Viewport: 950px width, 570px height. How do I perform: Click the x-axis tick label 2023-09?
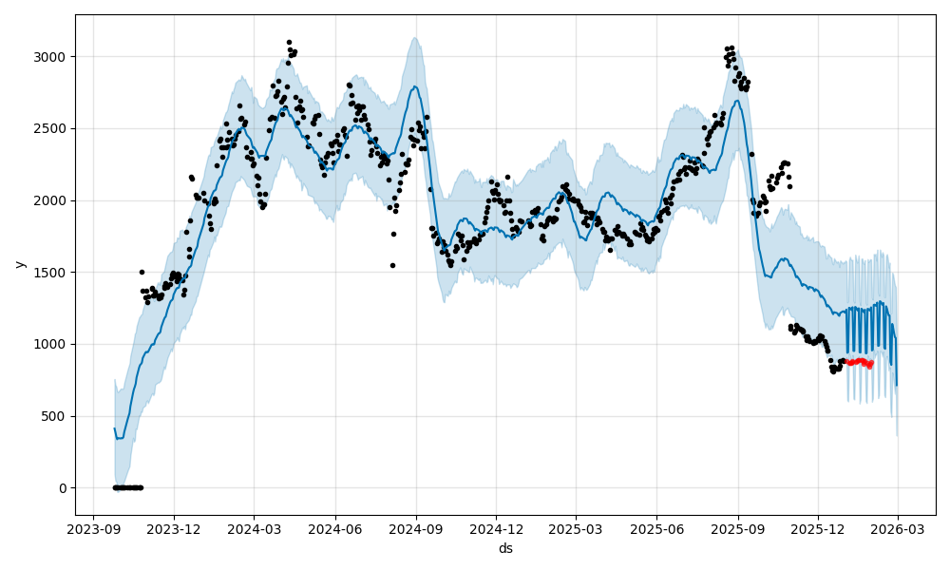tap(93, 529)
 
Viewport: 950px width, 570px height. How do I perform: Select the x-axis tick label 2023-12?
tap(174, 529)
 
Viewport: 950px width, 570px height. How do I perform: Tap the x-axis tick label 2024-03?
tap(254, 529)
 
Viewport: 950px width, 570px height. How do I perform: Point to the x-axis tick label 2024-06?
tap(335, 529)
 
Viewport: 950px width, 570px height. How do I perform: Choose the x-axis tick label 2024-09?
tap(416, 529)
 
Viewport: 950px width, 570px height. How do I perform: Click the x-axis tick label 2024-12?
tap(496, 529)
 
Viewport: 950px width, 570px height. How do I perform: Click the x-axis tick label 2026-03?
tap(898, 529)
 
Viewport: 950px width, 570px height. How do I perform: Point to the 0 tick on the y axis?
tap(63, 488)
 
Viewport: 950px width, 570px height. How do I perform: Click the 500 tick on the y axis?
tap(56, 416)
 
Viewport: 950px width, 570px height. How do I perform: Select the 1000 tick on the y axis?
tap(53, 344)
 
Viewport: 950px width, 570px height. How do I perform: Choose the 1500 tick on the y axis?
tap(53, 273)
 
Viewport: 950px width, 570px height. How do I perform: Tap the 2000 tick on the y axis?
tap(53, 200)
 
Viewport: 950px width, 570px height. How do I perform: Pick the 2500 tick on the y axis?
tap(53, 128)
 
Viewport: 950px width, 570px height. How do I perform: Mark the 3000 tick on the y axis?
tap(53, 57)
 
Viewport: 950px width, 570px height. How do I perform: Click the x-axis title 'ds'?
tap(505, 548)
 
